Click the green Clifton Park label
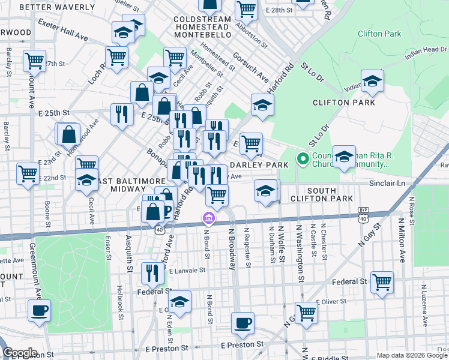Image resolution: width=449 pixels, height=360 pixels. [x=379, y=34]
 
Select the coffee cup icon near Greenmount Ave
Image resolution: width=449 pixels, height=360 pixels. [x=39, y=311]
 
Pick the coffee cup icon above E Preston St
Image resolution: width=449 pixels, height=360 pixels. [x=243, y=323]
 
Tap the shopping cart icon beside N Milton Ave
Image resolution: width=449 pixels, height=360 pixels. [x=382, y=281]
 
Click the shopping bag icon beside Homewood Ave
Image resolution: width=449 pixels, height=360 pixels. [x=69, y=134]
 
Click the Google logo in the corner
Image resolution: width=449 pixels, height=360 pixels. [x=20, y=352]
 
